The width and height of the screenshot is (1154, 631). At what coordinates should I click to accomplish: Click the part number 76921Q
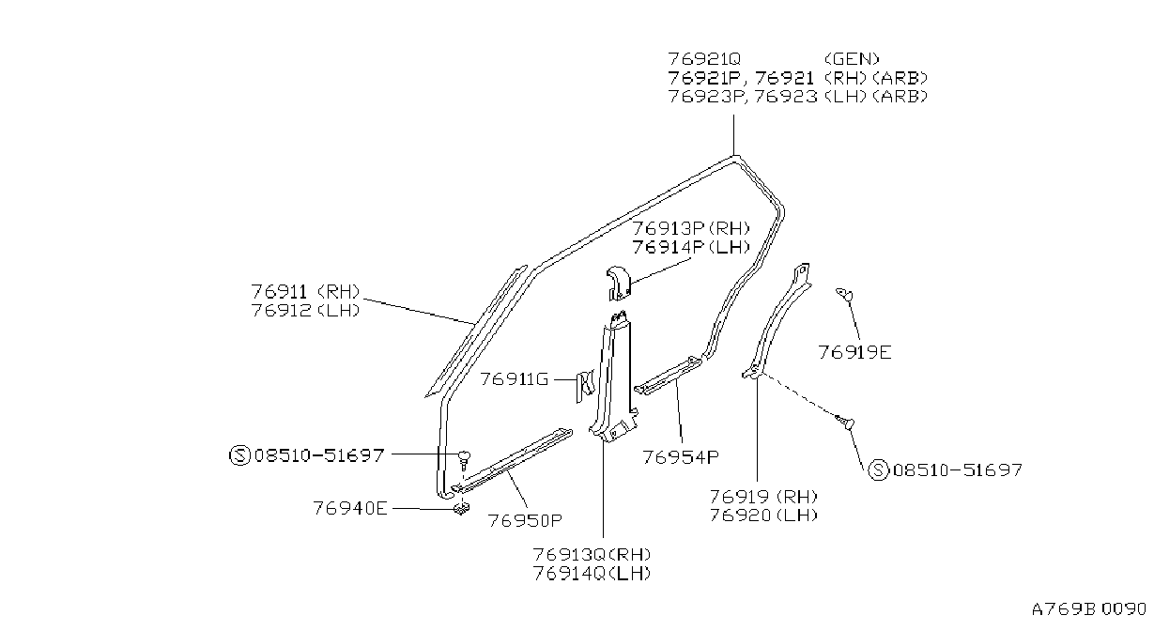703,59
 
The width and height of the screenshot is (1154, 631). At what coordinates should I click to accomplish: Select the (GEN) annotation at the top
852,59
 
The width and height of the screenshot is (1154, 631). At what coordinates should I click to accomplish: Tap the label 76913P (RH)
691,228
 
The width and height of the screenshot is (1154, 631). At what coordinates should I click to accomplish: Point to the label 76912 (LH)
305,311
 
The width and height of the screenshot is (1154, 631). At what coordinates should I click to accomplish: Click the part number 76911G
515,379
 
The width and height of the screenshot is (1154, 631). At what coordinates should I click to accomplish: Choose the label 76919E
854,353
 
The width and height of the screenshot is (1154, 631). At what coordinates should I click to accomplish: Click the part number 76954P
681,457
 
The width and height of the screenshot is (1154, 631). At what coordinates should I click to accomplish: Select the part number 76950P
525,521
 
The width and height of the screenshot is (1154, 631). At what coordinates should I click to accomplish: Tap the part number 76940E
350,508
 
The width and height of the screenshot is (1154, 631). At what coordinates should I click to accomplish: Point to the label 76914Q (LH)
592,574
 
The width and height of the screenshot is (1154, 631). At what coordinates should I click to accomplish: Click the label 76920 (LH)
763,516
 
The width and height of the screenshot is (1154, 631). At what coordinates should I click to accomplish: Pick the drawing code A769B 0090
1088,609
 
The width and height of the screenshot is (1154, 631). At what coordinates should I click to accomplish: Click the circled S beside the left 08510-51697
239,455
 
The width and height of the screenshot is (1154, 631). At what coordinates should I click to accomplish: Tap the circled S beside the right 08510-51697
878,470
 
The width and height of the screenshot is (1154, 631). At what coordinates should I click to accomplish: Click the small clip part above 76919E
844,294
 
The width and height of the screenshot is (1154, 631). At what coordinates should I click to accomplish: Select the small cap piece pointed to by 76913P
619,283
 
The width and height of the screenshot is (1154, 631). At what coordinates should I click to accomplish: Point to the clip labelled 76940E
462,509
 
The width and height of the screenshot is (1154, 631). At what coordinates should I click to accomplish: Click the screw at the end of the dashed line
845,423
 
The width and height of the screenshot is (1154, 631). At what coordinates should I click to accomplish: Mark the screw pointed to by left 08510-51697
465,458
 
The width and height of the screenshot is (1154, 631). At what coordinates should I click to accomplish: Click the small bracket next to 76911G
585,385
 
